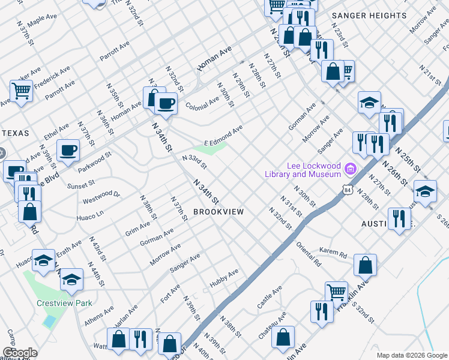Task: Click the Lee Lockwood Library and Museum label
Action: pyautogui.click(x=303, y=170)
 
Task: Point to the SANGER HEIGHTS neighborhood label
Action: pyautogui.click(x=369, y=15)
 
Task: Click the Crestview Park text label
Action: pyautogui.click(x=64, y=303)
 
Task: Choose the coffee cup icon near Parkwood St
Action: pyautogui.click(x=68, y=150)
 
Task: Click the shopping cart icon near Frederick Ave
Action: pyautogui.click(x=21, y=91)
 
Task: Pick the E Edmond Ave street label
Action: pyautogui.click(x=223, y=135)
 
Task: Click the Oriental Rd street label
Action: pyautogui.click(x=309, y=253)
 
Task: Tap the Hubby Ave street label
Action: pyautogui.click(x=224, y=277)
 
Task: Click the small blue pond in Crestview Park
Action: pyautogui.click(x=49, y=321)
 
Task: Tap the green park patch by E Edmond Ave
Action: pyautogui.click(x=210, y=148)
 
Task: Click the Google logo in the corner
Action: pyautogui.click(x=19, y=353)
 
